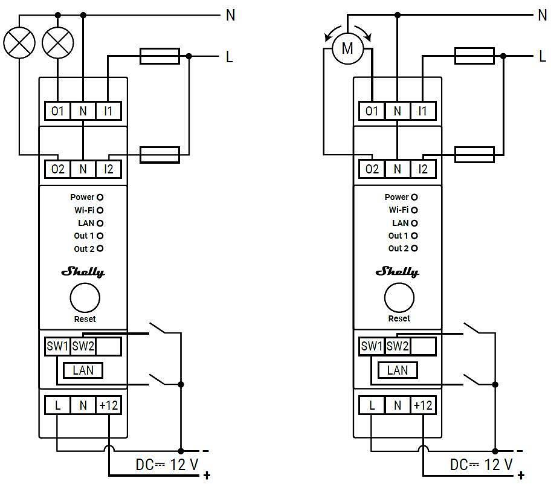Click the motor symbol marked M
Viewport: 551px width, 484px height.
click(347, 49)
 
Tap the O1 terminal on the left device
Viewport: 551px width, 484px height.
click(57, 111)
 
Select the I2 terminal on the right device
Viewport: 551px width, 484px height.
click(422, 169)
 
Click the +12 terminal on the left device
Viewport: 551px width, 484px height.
click(108, 405)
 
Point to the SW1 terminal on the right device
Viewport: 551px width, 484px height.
click(372, 346)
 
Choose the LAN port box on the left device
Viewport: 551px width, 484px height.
click(83, 370)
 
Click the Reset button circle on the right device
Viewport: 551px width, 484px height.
click(399, 298)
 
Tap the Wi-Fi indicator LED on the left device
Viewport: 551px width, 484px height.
click(100, 210)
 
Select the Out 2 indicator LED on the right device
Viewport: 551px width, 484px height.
click(414, 248)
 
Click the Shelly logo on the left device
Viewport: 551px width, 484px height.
click(83, 272)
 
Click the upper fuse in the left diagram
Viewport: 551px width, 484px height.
click(159, 57)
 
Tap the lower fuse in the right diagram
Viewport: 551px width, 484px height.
click(474, 155)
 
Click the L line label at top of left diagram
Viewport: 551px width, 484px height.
click(230, 57)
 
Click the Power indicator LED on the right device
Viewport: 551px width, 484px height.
click(414, 197)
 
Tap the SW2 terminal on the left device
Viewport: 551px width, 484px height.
click(83, 346)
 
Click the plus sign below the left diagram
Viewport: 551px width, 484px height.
click(207, 476)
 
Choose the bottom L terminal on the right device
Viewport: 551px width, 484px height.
click(372, 405)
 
